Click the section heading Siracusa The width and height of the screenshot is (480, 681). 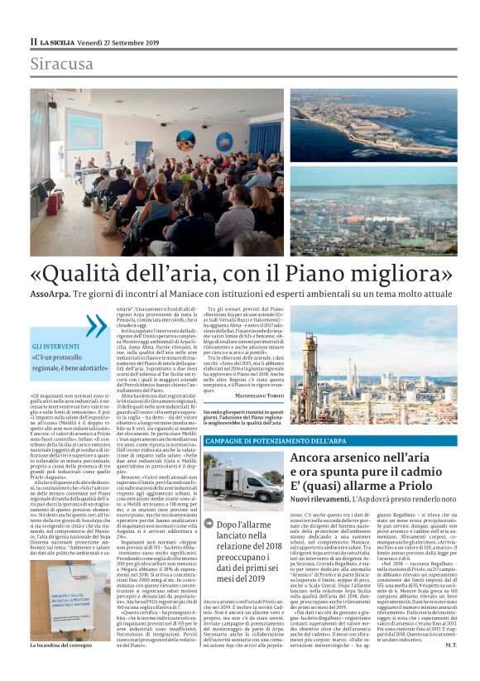[x=62, y=64]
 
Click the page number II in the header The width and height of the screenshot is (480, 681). [x=34, y=41]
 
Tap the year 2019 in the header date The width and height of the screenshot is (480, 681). [x=147, y=41]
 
